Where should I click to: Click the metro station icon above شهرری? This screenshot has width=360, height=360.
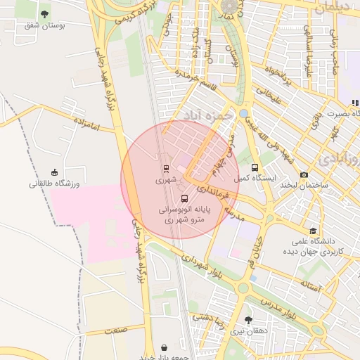pyautogui.click(x=166, y=169)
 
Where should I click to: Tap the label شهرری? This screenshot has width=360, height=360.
pyautogui.click(x=164, y=180)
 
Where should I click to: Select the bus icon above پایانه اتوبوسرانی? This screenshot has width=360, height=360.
pyautogui.click(x=185, y=199)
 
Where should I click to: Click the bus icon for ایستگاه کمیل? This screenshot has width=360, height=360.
pyautogui.click(x=255, y=167)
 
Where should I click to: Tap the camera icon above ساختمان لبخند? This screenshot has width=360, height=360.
pyautogui.click(x=304, y=174)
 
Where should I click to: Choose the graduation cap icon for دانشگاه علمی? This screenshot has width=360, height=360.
pyautogui.click(x=312, y=230)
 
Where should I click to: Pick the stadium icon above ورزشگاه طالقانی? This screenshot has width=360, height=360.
pyautogui.click(x=55, y=172)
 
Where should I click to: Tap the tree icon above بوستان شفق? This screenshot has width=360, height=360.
pyautogui.click(x=45, y=13)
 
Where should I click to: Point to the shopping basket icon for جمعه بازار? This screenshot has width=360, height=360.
pyautogui.click(x=164, y=347)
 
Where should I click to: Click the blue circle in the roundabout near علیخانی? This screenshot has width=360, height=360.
pyautogui.click(x=243, y=113)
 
